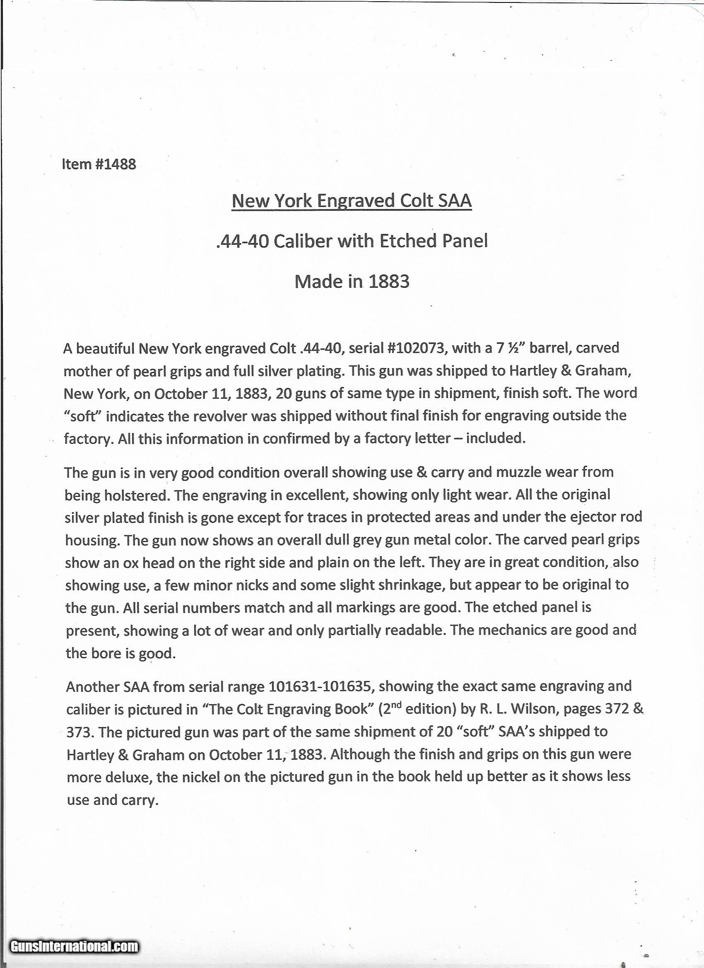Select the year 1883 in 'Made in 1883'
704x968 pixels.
[x=388, y=281]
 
